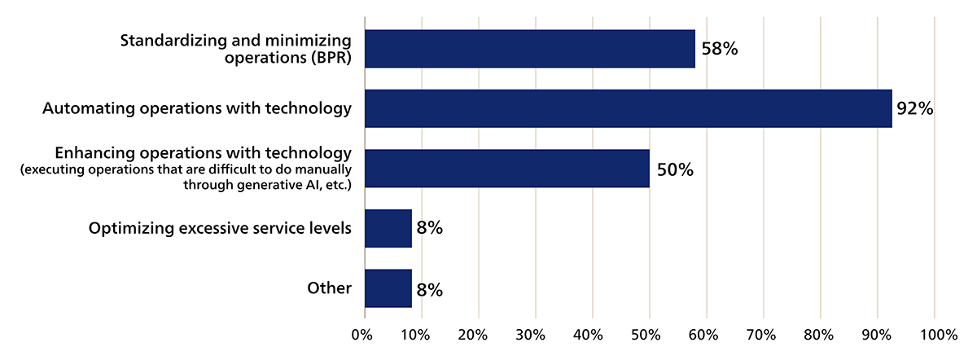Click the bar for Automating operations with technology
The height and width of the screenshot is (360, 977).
[628, 108]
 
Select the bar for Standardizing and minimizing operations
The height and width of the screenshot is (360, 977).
[530, 49]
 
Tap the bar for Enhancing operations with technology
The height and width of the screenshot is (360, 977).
[507, 169]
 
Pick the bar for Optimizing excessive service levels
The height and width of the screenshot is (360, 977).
[388, 228]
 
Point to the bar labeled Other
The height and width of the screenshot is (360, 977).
[388, 288]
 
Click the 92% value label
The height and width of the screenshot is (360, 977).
[914, 109]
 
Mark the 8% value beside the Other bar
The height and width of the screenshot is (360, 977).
[429, 289]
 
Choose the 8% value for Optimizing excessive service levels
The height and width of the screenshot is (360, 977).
[429, 229]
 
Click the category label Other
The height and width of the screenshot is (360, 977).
[329, 288]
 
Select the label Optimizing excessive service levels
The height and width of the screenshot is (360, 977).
[220, 228]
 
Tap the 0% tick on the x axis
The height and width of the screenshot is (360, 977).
[362, 335]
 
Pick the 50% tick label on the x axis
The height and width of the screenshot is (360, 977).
[650, 335]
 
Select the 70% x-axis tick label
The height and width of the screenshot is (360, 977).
[764, 335]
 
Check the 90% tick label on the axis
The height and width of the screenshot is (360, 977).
[878, 335]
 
